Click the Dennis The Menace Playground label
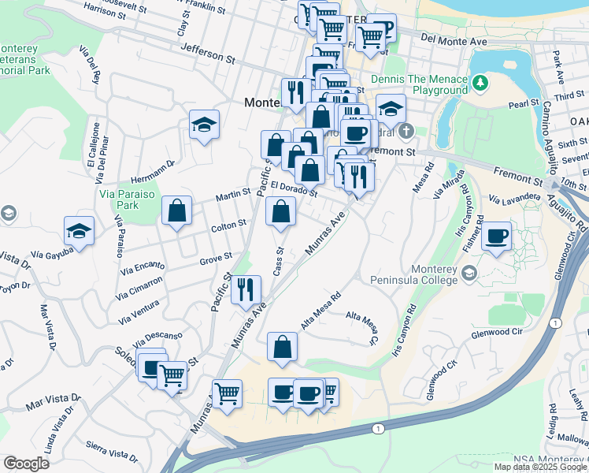[x=428, y=84]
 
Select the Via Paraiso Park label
[x=119, y=198]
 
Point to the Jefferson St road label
[x=208, y=53]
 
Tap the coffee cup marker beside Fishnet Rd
[x=496, y=236]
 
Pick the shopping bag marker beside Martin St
[x=176, y=210]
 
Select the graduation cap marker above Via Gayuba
[x=79, y=230]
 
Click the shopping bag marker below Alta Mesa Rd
[x=282, y=347]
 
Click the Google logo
[x=26, y=463]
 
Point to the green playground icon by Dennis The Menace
[x=480, y=80]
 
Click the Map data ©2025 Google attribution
[x=540, y=467]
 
